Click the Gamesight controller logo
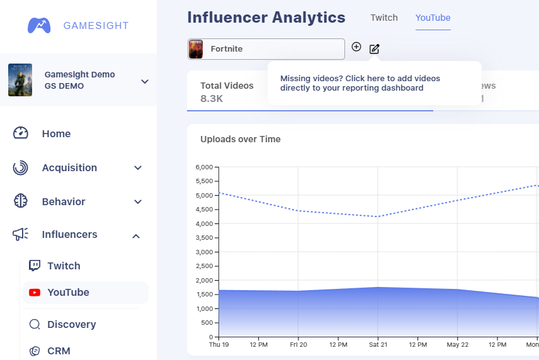pyautogui.click(x=39, y=26)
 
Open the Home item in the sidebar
pyautogui.click(x=56, y=133)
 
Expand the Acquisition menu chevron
pyautogui.click(x=138, y=168)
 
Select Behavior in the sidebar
pyautogui.click(x=63, y=201)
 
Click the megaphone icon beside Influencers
pyautogui.click(x=21, y=235)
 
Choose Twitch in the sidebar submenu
pyautogui.click(x=64, y=266)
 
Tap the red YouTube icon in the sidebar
pyautogui.click(x=35, y=292)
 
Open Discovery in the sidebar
pyautogui.click(x=71, y=324)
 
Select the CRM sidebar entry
pyautogui.click(x=59, y=351)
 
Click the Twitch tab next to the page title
pyautogui.click(x=384, y=18)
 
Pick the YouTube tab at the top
pyautogui.click(x=433, y=18)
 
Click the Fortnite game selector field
pyautogui.click(x=266, y=49)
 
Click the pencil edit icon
pyautogui.click(x=375, y=48)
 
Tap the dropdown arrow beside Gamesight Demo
pyautogui.click(x=144, y=81)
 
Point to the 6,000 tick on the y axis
pyautogui.click(x=205, y=167)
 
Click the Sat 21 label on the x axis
pyautogui.click(x=377, y=345)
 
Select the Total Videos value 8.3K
pyautogui.click(x=212, y=98)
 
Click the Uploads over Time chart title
pyautogui.click(x=240, y=139)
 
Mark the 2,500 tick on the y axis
pyautogui.click(x=205, y=266)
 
